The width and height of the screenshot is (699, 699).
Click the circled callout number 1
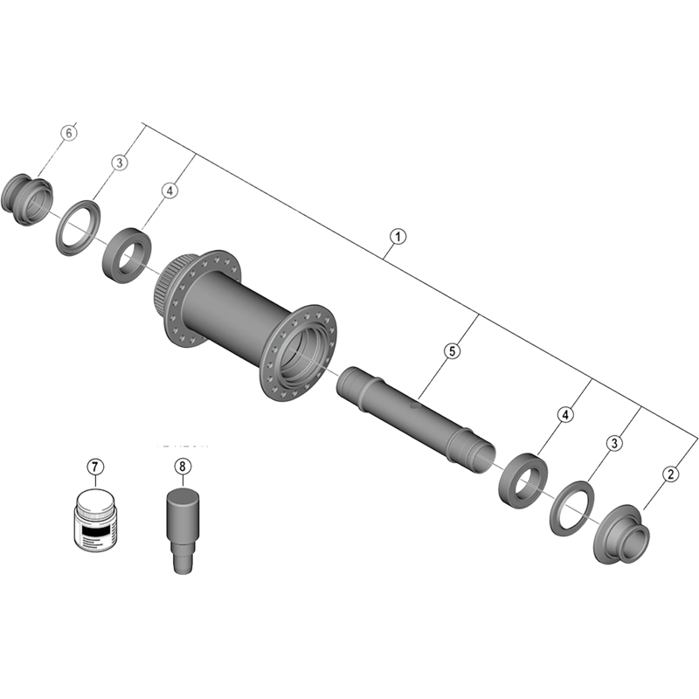click(x=398, y=237)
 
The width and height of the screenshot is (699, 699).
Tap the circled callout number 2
click(x=670, y=474)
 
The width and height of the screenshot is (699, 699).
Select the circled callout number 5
click(x=451, y=351)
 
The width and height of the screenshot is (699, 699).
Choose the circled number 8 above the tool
click(x=182, y=467)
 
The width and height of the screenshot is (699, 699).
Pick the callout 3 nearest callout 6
click(x=120, y=163)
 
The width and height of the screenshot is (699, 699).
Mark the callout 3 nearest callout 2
click(x=614, y=445)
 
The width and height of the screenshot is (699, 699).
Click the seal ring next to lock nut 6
click(x=77, y=225)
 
